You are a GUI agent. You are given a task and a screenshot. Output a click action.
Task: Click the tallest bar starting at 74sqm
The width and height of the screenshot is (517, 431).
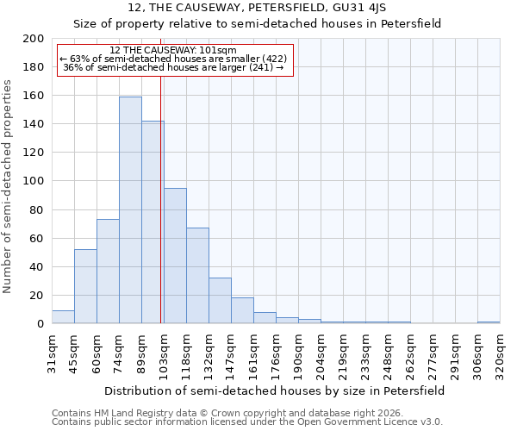pyautogui.click(x=130, y=210)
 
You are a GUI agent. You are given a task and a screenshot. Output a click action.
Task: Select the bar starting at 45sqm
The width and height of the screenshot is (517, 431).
pyautogui.click(x=85, y=286)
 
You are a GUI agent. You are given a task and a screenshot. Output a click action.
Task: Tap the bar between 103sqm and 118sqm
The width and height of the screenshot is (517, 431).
pyautogui.click(x=175, y=256)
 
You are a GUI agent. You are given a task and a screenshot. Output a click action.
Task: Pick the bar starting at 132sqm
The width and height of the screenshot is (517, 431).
pyautogui.click(x=220, y=301)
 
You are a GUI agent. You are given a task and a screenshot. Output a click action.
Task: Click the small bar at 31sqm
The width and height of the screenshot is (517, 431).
pyautogui.click(x=63, y=317)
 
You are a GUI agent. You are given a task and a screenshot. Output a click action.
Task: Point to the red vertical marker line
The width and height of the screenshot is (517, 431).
pyautogui.click(x=161, y=198)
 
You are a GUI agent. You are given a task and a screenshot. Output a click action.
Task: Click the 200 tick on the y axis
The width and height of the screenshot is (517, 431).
pyautogui.click(x=34, y=39)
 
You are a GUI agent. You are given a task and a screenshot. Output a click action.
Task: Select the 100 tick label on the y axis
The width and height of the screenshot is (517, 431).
pyautogui.click(x=34, y=181)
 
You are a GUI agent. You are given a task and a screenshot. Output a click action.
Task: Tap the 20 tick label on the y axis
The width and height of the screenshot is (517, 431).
pyautogui.click(x=37, y=296)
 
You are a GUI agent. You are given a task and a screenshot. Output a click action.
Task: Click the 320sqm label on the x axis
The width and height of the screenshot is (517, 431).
pyautogui.click(x=500, y=353)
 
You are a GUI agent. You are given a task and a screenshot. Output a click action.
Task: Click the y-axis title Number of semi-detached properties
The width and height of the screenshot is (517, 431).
pyautogui.click(x=9, y=186)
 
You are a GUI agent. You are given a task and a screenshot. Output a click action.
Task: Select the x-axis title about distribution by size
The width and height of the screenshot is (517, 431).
pyautogui.click(x=275, y=390)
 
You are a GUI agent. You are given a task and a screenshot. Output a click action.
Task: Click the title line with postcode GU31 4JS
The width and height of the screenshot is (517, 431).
pyautogui.click(x=257, y=7)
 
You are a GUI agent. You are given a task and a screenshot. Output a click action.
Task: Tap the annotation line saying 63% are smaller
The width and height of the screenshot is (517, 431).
pyautogui.click(x=173, y=59)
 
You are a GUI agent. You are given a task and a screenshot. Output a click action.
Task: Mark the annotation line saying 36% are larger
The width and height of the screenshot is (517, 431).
pyautogui.click(x=173, y=67)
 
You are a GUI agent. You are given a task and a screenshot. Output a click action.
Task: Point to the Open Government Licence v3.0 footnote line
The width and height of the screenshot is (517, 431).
pyautogui.click(x=246, y=422)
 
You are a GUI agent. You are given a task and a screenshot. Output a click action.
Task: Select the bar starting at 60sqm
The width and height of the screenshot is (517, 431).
pyautogui.click(x=108, y=272)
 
